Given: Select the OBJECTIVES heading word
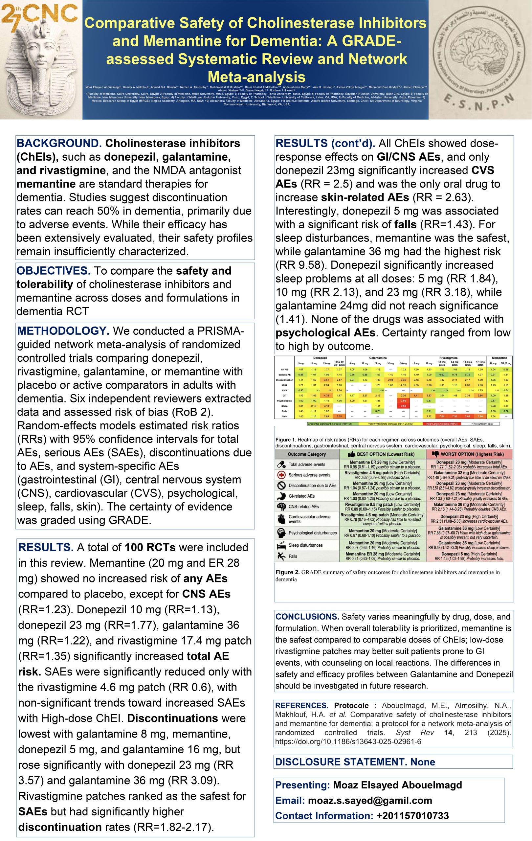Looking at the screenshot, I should click(54, 271).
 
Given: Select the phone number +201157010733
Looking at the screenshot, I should click(412, 815).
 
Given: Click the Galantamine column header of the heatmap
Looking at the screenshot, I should click(378, 358).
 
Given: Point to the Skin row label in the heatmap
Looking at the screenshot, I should click(284, 416).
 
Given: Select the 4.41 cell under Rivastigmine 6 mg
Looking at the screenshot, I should click(416, 395).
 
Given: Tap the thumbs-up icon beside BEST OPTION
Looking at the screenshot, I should click(351, 454).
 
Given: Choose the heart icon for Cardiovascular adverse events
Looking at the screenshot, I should click(281, 519).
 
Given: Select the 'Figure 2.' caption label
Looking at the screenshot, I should click(287, 572).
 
